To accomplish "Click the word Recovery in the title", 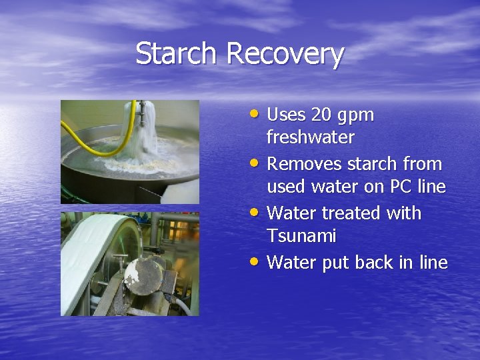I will tap(285, 55).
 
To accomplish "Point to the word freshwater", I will tap(311, 138).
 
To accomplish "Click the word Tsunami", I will tap(301, 237).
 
